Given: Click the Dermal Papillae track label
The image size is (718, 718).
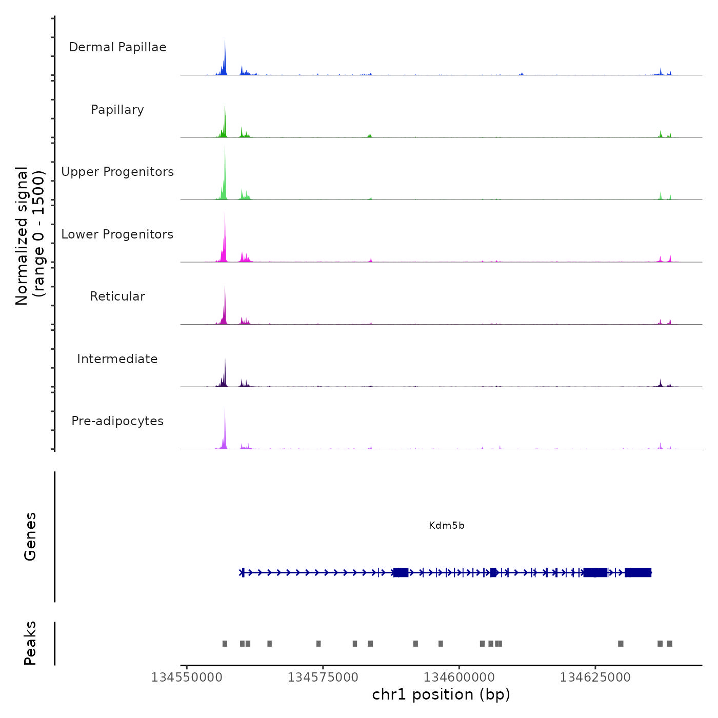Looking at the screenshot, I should [x=117, y=47].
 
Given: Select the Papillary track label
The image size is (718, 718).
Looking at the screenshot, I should [x=117, y=110].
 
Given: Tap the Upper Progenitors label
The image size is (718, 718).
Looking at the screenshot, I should [x=117, y=172].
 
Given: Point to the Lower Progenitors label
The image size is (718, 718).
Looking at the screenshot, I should [x=117, y=234].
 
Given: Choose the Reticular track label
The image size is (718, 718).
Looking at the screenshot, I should [x=117, y=296].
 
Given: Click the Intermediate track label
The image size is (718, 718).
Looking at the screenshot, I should [x=117, y=359].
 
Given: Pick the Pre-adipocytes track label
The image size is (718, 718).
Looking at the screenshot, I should [x=117, y=421].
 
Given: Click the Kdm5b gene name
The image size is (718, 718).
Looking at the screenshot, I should [x=447, y=526].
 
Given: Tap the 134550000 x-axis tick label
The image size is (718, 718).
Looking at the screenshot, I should [x=187, y=677].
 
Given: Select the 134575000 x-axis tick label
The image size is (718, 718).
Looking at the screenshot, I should [x=323, y=677].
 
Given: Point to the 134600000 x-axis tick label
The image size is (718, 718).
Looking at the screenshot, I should [x=459, y=677].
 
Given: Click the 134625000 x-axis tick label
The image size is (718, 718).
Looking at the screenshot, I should [x=595, y=677].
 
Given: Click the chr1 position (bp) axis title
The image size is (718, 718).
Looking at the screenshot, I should [x=441, y=694].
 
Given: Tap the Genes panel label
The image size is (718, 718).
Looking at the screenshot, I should [x=30, y=536].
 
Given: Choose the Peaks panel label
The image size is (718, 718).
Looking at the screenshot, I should [x=30, y=643].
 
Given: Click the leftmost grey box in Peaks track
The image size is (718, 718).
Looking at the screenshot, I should [x=225, y=644].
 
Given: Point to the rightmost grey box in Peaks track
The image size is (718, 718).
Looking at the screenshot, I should [x=669, y=644].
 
